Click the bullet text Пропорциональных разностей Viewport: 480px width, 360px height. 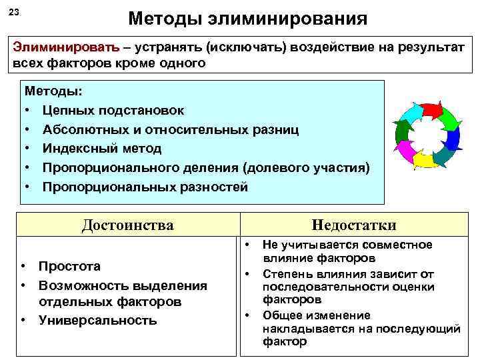(x=145, y=187)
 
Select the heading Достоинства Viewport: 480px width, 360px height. (x=127, y=225)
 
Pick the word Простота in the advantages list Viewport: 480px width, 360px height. (x=69, y=267)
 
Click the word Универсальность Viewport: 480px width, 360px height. (x=97, y=321)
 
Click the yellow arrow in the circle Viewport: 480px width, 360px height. (x=425, y=160)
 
